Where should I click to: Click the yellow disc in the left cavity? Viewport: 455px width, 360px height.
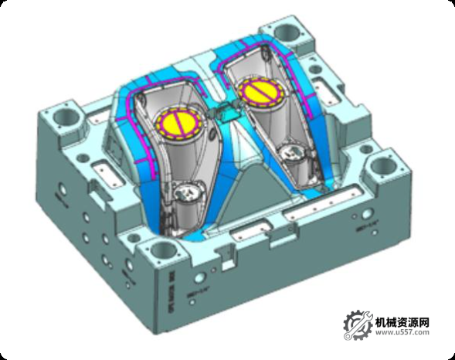click(x=181, y=123)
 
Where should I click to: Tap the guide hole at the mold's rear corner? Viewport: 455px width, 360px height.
click(x=287, y=32)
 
